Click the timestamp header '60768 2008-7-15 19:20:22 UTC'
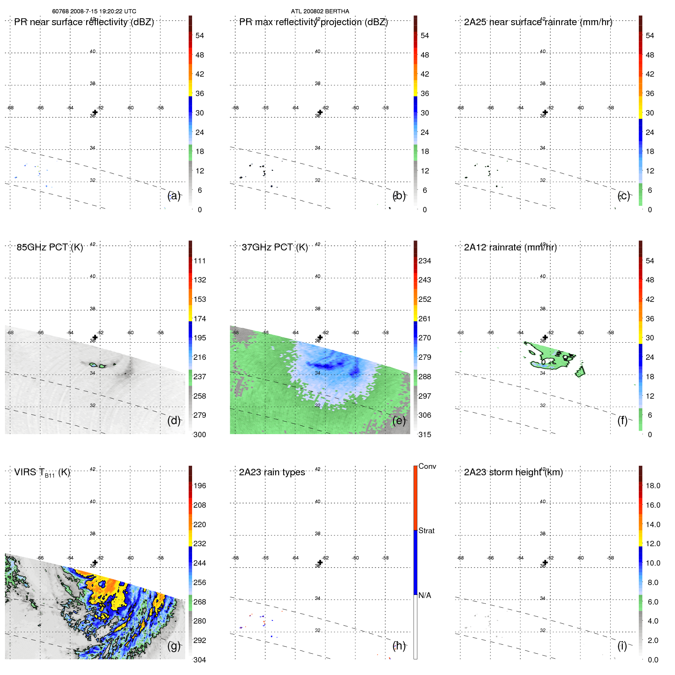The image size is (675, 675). pyautogui.click(x=94, y=11)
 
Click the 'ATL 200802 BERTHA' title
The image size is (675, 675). pyautogui.click(x=320, y=11)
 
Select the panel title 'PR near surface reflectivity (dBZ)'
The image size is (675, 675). pyautogui.click(x=84, y=22)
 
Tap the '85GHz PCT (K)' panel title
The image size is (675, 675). pyautogui.click(x=50, y=247)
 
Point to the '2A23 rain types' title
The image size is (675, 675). pyautogui.click(x=272, y=472)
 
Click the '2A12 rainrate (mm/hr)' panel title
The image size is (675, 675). pyautogui.click(x=510, y=247)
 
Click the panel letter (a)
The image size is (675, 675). pyautogui.click(x=174, y=196)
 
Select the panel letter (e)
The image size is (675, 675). pyautogui.click(x=399, y=420)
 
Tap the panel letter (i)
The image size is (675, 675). pyautogui.click(x=622, y=646)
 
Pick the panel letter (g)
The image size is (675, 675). pyautogui.click(x=174, y=646)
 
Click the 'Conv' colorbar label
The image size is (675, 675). pyautogui.click(x=427, y=466)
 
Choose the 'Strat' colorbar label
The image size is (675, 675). pyautogui.click(x=426, y=531)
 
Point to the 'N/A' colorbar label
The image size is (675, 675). pyautogui.click(x=425, y=595)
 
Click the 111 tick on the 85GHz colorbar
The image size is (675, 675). pyautogui.click(x=199, y=261)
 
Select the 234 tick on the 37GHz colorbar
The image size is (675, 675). pyautogui.click(x=425, y=261)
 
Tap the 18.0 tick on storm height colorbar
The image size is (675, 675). pyautogui.click(x=653, y=486)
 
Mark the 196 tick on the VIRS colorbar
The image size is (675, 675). pyautogui.click(x=199, y=486)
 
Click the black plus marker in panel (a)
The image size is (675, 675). pyautogui.click(x=95, y=112)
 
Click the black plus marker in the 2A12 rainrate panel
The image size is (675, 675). pyautogui.click(x=545, y=337)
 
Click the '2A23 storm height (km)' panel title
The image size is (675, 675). pyautogui.click(x=513, y=472)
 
